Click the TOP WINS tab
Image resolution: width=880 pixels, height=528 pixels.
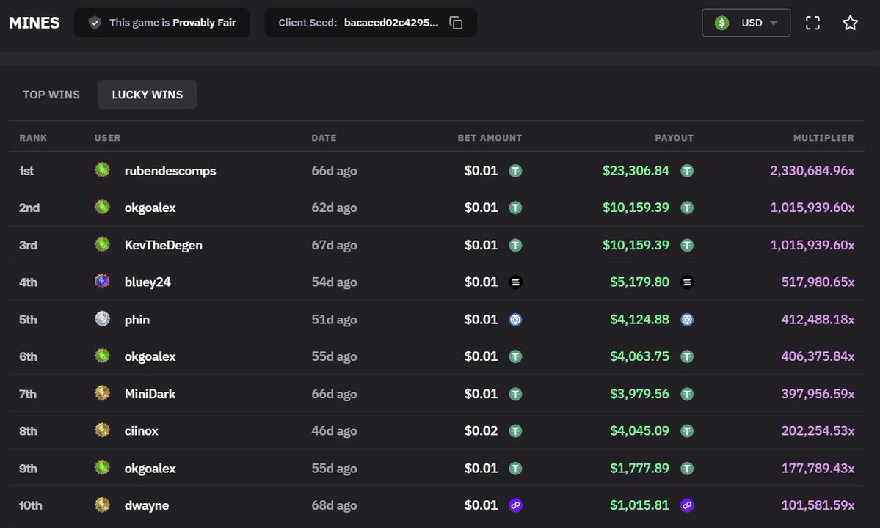coord(51,95)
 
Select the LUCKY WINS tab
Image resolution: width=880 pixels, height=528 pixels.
coord(147,95)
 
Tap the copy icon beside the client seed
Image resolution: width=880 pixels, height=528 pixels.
coord(456,23)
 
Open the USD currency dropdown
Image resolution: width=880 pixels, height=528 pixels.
coord(746,23)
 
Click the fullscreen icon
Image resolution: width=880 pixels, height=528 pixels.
coord(812,23)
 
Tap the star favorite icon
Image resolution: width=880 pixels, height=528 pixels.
coord(850,23)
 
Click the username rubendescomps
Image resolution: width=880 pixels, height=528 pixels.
coord(170,170)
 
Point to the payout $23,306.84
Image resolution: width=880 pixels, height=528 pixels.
coord(636,170)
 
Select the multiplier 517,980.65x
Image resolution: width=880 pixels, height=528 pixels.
coord(818,282)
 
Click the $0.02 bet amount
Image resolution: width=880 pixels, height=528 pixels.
coord(481,430)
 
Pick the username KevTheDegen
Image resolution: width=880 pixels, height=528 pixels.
coord(164,245)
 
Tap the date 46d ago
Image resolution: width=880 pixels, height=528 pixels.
coord(335,430)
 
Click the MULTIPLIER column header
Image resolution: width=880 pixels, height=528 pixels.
coord(823,138)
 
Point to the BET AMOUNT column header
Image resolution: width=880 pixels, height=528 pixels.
coord(490,138)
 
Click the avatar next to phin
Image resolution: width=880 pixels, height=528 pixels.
coord(102,319)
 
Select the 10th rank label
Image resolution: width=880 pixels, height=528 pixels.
coord(30,505)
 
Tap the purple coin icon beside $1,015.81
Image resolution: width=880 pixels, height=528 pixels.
coord(687,505)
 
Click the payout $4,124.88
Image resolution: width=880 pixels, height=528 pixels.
coord(640,320)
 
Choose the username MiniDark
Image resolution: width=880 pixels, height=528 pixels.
coord(150,394)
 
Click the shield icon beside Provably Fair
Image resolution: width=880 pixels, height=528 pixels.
coord(95,23)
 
